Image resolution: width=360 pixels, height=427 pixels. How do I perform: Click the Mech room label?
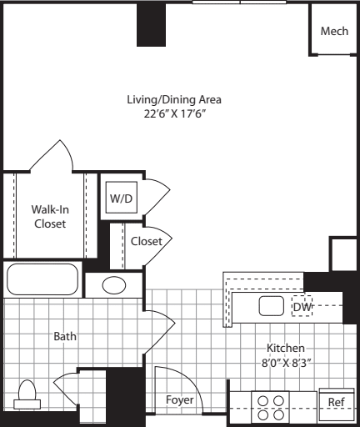point(334,31)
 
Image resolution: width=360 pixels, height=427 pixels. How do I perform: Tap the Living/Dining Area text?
point(174,99)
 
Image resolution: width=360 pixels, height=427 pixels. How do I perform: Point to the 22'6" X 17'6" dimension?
point(174,114)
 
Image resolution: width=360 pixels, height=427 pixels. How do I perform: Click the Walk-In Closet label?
point(49,216)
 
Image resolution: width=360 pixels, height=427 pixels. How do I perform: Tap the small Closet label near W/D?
point(146,241)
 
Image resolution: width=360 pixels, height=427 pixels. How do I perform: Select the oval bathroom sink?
point(114,285)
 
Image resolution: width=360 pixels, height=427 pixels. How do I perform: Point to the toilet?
point(27,394)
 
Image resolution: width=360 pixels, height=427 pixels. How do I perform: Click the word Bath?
point(65,337)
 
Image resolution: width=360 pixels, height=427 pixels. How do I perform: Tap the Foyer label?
point(178,400)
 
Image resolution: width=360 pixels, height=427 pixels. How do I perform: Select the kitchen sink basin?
point(272,305)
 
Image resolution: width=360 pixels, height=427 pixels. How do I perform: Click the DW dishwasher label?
point(301,307)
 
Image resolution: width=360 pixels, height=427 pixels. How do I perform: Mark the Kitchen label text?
point(285,348)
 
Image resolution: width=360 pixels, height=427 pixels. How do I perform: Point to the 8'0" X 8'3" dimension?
point(285,363)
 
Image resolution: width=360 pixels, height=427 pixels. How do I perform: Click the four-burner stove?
point(269,406)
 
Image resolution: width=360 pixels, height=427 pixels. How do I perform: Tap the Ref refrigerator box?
point(336,402)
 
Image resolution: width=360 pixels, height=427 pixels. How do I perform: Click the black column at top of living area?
point(151,25)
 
